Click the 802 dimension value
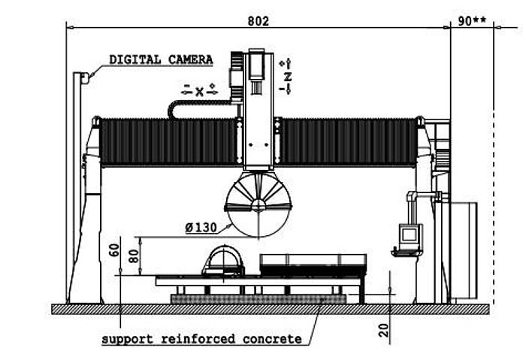coord(258,21)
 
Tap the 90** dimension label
coord(472,21)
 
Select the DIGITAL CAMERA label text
coord(161,59)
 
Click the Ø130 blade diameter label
coord(201,228)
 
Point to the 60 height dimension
coord(114,250)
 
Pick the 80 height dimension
coord(134,256)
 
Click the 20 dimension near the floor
coord(383,330)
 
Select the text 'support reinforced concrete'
coord(201,339)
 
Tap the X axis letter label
coord(199,92)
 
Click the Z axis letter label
coord(288,77)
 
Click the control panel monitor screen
coord(410,234)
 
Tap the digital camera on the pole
coord(85,78)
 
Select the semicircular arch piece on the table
coord(222,261)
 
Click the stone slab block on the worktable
coord(313,265)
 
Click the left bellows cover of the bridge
coord(168,142)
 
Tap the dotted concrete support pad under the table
coord(258,299)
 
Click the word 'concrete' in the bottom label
coord(272,339)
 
